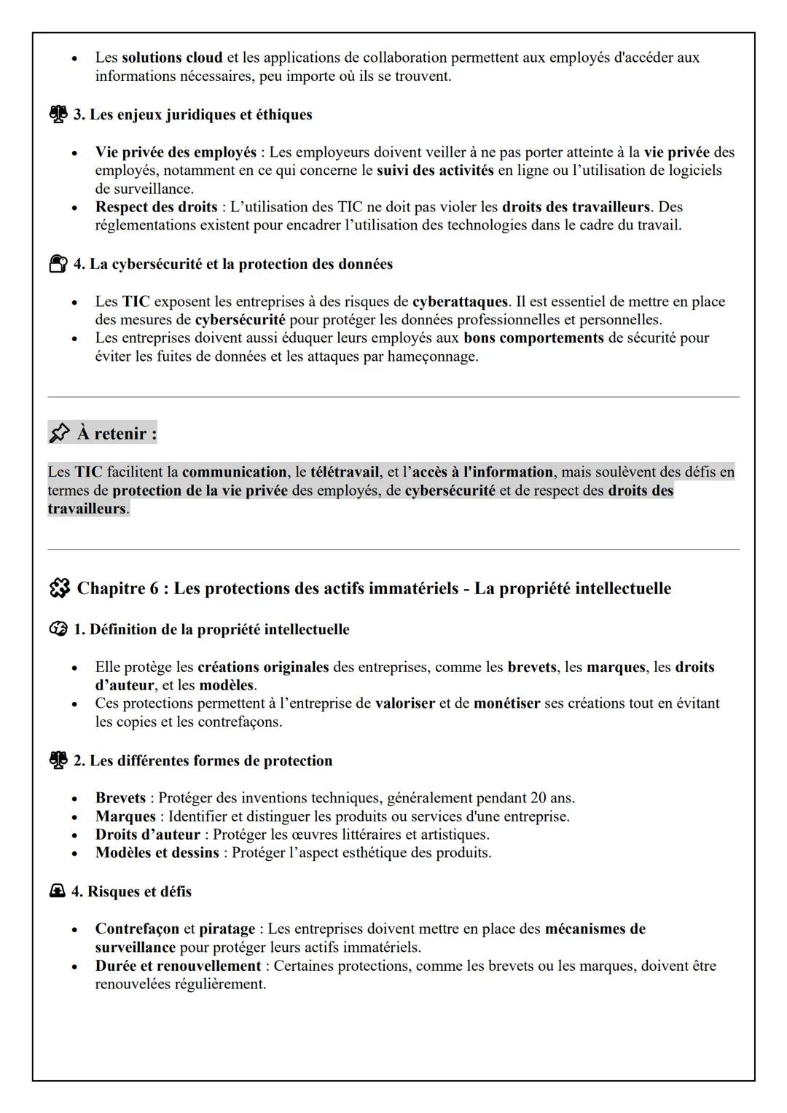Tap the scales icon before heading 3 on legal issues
click(x=58, y=114)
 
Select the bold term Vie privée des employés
click(x=176, y=152)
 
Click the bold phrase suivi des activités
click(x=435, y=171)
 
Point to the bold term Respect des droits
click(x=156, y=207)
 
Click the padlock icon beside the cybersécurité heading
click(x=58, y=264)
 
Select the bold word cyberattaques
click(x=459, y=302)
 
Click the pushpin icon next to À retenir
click(x=59, y=434)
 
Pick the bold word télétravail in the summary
click(x=345, y=472)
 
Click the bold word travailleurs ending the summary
click(x=87, y=509)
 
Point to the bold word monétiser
click(x=506, y=704)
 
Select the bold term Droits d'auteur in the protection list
click(x=147, y=835)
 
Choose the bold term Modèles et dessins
click(x=157, y=853)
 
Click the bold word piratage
click(x=227, y=929)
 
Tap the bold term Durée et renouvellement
click(x=178, y=966)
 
